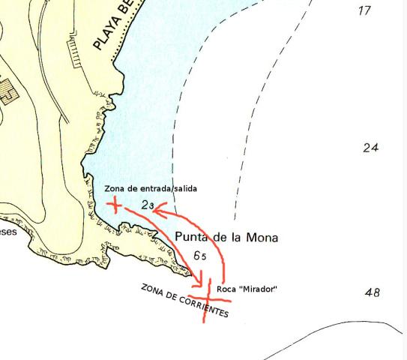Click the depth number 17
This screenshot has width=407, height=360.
[365, 10]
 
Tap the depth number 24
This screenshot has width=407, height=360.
[370, 148]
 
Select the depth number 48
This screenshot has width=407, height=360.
[373, 292]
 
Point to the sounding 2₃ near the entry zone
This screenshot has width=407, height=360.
[147, 205]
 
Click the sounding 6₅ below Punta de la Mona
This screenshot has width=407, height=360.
[200, 256]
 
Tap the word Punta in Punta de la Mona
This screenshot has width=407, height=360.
[192, 237]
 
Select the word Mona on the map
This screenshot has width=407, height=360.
[262, 238]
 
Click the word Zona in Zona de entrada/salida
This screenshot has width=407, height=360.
[116, 188]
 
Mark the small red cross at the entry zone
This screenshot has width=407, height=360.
[115, 204]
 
